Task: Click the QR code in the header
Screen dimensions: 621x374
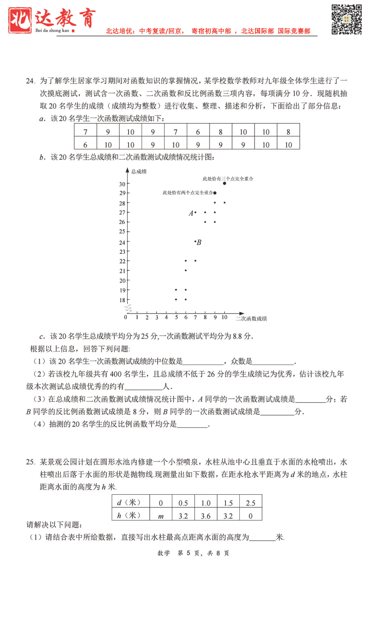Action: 346,19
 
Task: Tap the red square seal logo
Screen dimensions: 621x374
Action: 20,20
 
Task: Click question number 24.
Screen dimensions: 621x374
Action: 30,81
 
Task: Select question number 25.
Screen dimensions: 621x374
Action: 30,462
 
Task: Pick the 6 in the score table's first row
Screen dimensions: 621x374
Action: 198,132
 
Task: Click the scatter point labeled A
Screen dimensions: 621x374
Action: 195,212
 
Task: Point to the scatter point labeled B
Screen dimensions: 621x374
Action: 195,242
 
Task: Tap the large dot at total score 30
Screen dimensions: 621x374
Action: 224,183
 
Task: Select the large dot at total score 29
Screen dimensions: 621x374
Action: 215,193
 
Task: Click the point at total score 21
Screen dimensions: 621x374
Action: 186,271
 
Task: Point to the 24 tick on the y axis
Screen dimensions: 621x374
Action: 122,242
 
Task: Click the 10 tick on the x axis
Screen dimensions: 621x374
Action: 224,317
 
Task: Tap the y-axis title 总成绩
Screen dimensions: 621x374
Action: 139,172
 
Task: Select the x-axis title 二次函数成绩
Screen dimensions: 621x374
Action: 251,319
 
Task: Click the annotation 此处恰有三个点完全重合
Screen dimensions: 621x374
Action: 228,179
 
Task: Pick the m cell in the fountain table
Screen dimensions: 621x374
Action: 161,515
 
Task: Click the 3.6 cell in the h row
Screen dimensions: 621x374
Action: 206,515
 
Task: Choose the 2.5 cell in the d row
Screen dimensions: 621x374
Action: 251,503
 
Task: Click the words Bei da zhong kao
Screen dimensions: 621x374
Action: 52,30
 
